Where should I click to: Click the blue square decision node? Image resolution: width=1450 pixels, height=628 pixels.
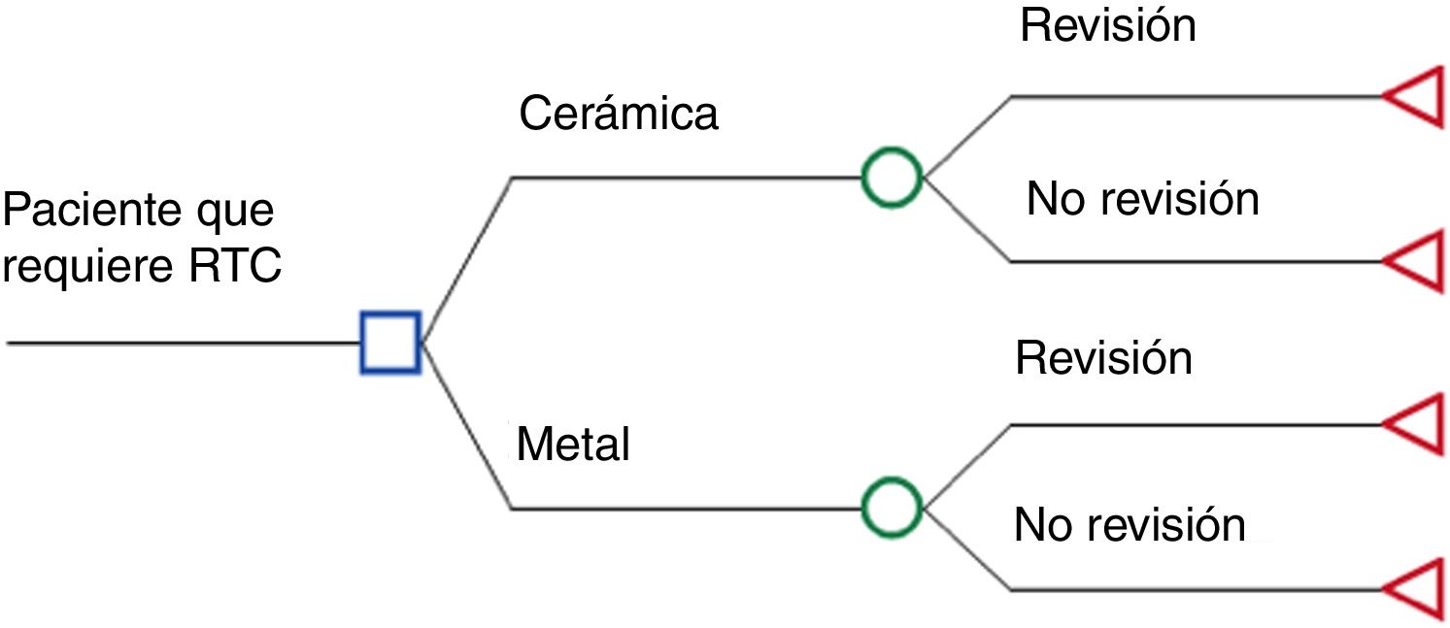(x=390, y=343)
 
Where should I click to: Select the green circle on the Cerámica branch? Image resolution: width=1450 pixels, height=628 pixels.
(x=892, y=178)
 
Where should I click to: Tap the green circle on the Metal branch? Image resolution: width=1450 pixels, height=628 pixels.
(x=892, y=508)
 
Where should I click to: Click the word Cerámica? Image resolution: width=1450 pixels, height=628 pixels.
(x=618, y=114)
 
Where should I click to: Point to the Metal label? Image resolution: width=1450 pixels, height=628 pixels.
(x=573, y=446)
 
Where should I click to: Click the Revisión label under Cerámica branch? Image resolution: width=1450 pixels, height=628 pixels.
(x=1107, y=26)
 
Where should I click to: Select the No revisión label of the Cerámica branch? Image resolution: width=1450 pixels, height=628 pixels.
(x=1142, y=199)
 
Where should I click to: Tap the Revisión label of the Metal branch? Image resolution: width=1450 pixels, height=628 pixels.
(x=1103, y=358)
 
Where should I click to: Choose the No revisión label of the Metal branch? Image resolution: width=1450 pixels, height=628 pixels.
(x=1130, y=525)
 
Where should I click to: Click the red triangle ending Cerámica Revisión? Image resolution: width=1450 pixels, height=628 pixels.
(x=1416, y=97)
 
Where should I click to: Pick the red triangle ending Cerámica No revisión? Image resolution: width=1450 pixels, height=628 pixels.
(x=1416, y=261)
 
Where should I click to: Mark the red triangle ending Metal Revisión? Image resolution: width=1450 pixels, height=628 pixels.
(x=1416, y=424)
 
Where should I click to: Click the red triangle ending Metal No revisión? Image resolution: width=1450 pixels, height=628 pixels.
(x=1416, y=589)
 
